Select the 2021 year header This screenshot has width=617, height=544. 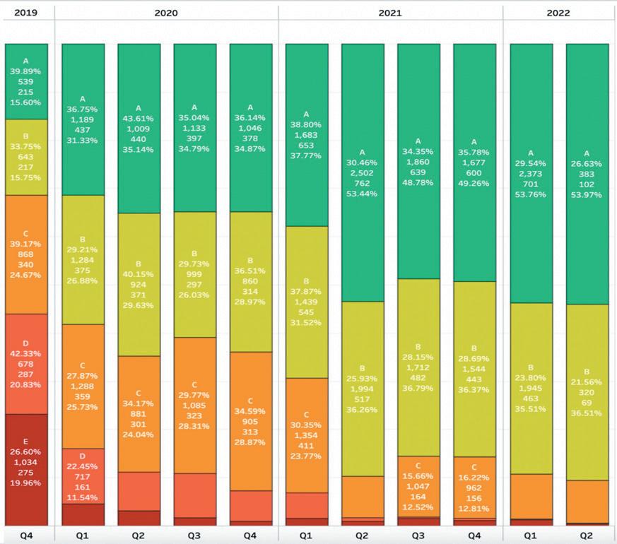coord(390,13)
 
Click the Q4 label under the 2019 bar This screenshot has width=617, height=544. coord(26,535)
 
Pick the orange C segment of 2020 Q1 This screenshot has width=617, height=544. coord(83,386)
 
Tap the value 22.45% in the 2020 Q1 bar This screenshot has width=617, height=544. coord(83,466)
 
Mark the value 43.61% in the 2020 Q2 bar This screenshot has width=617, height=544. coord(139,117)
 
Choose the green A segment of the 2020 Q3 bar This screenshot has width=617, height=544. coord(195,127)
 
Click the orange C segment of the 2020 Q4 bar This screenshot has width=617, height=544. coord(251,420)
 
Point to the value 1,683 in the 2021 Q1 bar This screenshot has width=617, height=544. coord(307,135)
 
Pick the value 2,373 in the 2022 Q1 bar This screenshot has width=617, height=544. coord(531,173)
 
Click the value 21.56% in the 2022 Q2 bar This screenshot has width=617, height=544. coord(587,382)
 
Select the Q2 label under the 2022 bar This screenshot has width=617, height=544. coord(587,535)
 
